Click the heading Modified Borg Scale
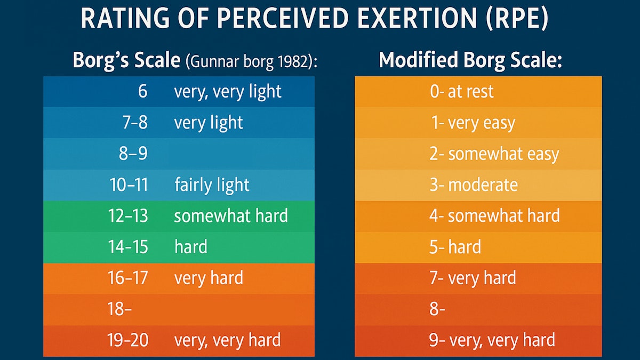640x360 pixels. [x=470, y=60]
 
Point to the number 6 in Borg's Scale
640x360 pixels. [x=142, y=92]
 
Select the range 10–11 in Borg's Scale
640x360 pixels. [x=128, y=185]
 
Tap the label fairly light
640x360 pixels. [x=212, y=185]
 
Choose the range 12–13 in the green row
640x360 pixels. [x=128, y=216]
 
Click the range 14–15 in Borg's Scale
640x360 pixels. [x=128, y=247]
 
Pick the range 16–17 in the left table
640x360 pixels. [x=128, y=278]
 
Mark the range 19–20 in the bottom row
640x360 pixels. [x=128, y=340]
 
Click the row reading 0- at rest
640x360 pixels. [x=461, y=92]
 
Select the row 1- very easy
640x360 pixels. [x=473, y=123]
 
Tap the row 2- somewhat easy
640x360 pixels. [x=494, y=154]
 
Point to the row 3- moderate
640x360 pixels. [x=474, y=185]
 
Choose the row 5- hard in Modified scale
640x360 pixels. [x=455, y=247]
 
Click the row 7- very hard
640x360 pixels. [x=473, y=278]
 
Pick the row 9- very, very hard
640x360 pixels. [x=492, y=340]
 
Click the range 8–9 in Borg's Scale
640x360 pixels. [x=133, y=154]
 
